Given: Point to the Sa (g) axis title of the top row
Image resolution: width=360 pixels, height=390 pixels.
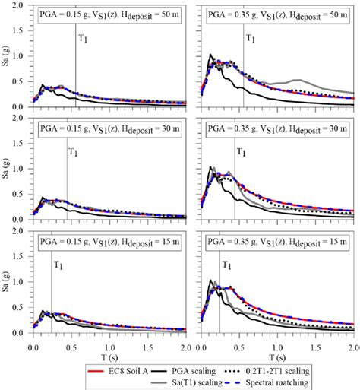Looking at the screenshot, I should click(7, 57).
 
